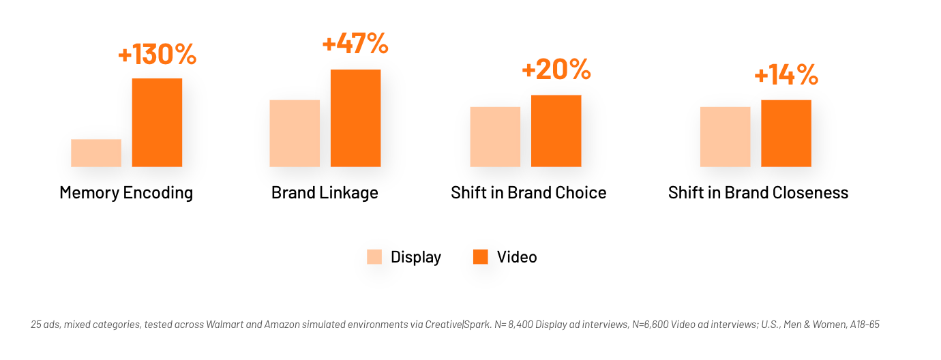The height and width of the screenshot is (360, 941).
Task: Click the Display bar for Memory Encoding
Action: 96,153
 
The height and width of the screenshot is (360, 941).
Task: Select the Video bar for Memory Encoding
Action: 157,123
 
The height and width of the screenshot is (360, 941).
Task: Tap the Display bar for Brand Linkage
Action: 295,134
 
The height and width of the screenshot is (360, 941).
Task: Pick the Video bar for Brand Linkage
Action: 355,118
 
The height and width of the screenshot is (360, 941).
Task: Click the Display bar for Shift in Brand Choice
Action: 495,137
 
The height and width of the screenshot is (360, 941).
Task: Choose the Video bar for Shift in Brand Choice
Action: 556,131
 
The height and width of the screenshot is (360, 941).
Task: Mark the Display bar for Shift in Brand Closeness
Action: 725,137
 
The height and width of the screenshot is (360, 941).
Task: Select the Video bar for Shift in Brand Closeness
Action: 786,134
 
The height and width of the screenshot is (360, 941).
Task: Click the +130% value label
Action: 157,54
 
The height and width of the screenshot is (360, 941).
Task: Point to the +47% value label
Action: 355,43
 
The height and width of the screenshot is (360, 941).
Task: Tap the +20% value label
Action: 556,70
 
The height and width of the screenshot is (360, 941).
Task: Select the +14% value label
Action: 786,75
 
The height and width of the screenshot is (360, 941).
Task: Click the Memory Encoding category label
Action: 126,193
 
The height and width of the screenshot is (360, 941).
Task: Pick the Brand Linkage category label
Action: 325,193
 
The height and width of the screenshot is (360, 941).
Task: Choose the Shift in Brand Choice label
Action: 528,193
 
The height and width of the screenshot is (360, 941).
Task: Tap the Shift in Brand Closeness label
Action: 758,193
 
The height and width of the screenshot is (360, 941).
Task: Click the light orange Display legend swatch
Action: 374,256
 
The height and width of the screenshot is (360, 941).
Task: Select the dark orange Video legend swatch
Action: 481,256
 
